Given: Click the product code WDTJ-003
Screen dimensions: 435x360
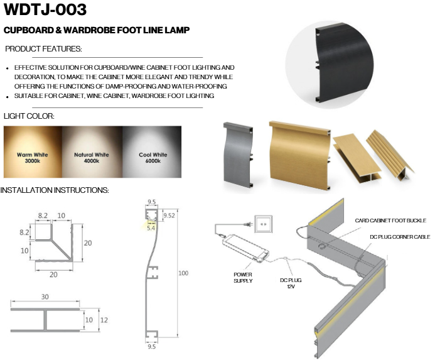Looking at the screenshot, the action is click(x=45, y=9).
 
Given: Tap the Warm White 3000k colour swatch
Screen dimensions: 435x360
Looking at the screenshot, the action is click(x=33, y=152).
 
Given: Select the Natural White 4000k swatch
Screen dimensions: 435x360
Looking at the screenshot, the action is click(x=92, y=152).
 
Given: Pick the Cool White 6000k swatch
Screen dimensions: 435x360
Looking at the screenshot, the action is click(x=152, y=152).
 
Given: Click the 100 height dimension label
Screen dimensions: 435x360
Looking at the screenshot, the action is click(x=183, y=273).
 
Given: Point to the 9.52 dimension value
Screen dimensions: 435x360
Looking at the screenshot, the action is click(x=169, y=215).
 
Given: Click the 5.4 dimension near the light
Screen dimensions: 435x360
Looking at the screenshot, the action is click(x=151, y=228).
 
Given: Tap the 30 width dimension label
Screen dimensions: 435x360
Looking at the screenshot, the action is click(x=45, y=297).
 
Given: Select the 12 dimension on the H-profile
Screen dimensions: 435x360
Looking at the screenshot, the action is click(x=104, y=320).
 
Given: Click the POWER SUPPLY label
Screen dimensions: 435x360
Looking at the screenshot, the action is click(x=243, y=278).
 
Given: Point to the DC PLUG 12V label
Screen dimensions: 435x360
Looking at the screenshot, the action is click(x=291, y=283).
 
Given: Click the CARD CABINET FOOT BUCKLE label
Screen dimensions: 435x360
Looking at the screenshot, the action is click(x=390, y=221).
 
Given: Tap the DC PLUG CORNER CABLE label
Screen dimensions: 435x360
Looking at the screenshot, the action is click(x=400, y=237).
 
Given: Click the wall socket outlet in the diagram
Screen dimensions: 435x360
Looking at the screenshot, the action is click(x=263, y=224).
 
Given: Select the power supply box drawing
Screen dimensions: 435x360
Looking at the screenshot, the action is click(x=245, y=248).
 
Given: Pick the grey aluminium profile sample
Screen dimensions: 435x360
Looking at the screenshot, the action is click(x=239, y=155).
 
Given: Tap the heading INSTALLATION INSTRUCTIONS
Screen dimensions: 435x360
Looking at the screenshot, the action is click(x=55, y=190).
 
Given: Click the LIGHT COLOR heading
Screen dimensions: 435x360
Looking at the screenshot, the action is click(x=29, y=116).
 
